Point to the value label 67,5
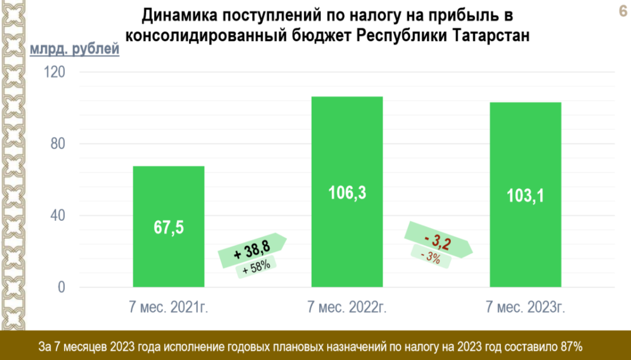point(168,227)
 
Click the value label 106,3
point(347,193)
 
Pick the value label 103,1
point(525,196)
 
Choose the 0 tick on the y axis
point(61,287)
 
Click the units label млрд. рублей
point(74,51)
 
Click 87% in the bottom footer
point(570,345)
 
